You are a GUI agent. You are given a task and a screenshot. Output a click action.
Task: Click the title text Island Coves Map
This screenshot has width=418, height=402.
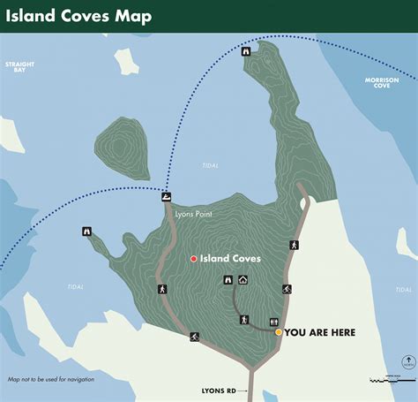pos(78,16)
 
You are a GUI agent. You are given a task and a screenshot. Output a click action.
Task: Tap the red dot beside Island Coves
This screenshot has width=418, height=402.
pos(193,259)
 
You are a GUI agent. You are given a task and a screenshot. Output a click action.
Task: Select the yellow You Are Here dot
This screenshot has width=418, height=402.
pos(279,332)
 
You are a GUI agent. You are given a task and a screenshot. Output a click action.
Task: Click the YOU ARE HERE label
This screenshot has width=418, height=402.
pos(321,332)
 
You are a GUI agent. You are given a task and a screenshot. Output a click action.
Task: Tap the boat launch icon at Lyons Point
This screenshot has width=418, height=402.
pos(167,197)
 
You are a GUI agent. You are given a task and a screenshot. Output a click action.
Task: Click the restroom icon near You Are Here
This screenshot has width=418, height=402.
pos(275,321)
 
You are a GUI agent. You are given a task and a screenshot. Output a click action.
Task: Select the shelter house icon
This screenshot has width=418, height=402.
pos(243,280)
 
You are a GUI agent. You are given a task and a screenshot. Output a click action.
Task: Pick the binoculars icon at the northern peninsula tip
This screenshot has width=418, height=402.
pos(246,51)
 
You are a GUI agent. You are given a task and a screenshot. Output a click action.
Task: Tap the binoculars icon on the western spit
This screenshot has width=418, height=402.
pos(86,231)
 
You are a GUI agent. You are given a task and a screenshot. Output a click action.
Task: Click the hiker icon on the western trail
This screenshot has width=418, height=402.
pos(162,289)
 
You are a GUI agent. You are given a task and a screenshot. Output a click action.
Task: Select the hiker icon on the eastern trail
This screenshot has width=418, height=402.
pos(295,245)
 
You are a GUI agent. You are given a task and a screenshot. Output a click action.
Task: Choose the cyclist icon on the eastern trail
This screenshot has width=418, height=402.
pos(287,289)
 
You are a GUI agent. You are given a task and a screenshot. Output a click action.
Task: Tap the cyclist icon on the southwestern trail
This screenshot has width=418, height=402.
pos(194,337)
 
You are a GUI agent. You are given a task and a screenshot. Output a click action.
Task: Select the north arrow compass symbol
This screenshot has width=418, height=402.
pos(407,361)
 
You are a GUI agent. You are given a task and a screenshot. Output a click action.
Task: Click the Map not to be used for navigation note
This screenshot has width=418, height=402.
pos(51,379)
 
